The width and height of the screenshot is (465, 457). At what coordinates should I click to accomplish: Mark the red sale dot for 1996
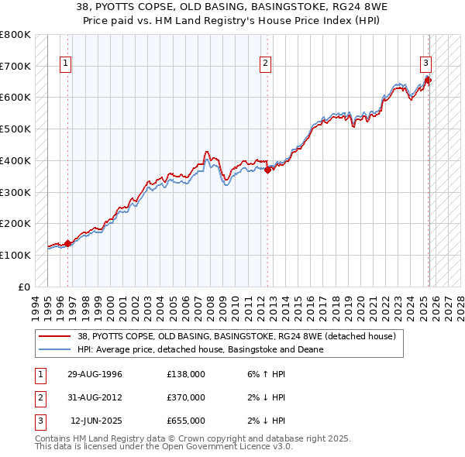pyautogui.click(x=67, y=243)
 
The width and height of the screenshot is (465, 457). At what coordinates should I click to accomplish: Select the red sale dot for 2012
pyautogui.click(x=268, y=170)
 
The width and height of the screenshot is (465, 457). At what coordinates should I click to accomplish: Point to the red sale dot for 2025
pyautogui.click(x=429, y=80)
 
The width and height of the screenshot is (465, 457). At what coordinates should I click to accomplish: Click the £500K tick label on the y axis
pyautogui.click(x=15, y=129)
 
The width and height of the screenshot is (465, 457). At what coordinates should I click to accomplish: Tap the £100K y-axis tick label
pyautogui.click(x=15, y=255)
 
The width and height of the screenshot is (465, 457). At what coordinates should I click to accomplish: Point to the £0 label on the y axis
pyautogui.click(x=22, y=287)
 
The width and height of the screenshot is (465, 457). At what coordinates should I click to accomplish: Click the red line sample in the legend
pyautogui.click(x=54, y=337)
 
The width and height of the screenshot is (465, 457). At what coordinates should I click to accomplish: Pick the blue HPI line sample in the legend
pyautogui.click(x=54, y=349)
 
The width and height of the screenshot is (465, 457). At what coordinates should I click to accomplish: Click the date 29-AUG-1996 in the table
pyautogui.click(x=95, y=375)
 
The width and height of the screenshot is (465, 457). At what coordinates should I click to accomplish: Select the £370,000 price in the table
pyautogui.click(x=186, y=398)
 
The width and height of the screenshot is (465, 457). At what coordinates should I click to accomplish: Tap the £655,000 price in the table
pyautogui.click(x=186, y=421)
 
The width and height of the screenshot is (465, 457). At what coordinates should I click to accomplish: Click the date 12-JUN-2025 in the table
pyautogui.click(x=96, y=421)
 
